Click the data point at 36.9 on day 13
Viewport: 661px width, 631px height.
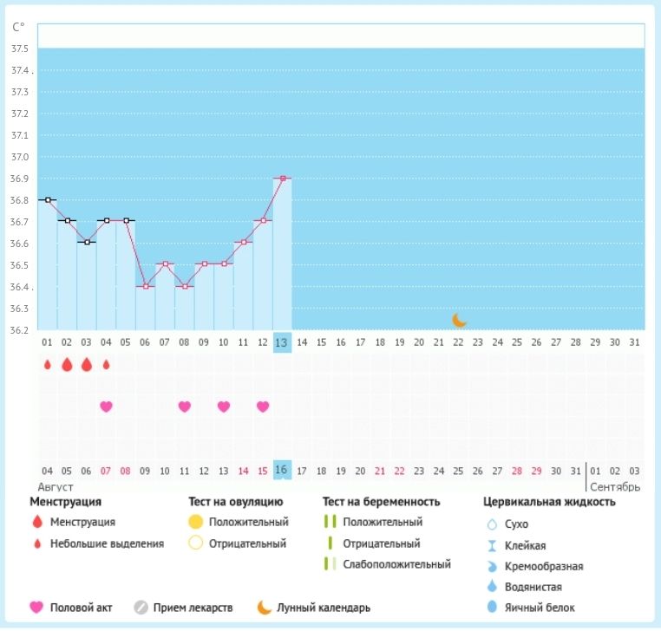[283, 178]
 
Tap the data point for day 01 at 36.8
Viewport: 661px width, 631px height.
[48, 199]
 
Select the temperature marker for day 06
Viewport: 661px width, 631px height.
[145, 286]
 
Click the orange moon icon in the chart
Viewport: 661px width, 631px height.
[460, 320]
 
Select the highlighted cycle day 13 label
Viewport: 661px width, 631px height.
[282, 342]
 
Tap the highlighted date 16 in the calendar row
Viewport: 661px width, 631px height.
[282, 471]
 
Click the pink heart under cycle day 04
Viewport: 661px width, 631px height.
[106, 406]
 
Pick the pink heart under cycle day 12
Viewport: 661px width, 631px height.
[263, 406]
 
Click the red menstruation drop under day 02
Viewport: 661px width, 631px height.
[67, 365]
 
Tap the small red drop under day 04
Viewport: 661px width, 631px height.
[106, 365]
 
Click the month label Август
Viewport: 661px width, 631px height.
[55, 486]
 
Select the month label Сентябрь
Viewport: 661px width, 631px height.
[615, 486]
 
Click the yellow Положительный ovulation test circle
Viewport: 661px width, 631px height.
[195, 522]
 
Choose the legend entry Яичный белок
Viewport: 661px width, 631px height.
[540, 608]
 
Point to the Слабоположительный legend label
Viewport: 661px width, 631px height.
[396, 564]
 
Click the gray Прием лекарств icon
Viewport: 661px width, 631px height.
[142, 608]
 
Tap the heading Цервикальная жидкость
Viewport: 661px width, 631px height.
[549, 501]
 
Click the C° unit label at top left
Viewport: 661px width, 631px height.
[18, 27]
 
